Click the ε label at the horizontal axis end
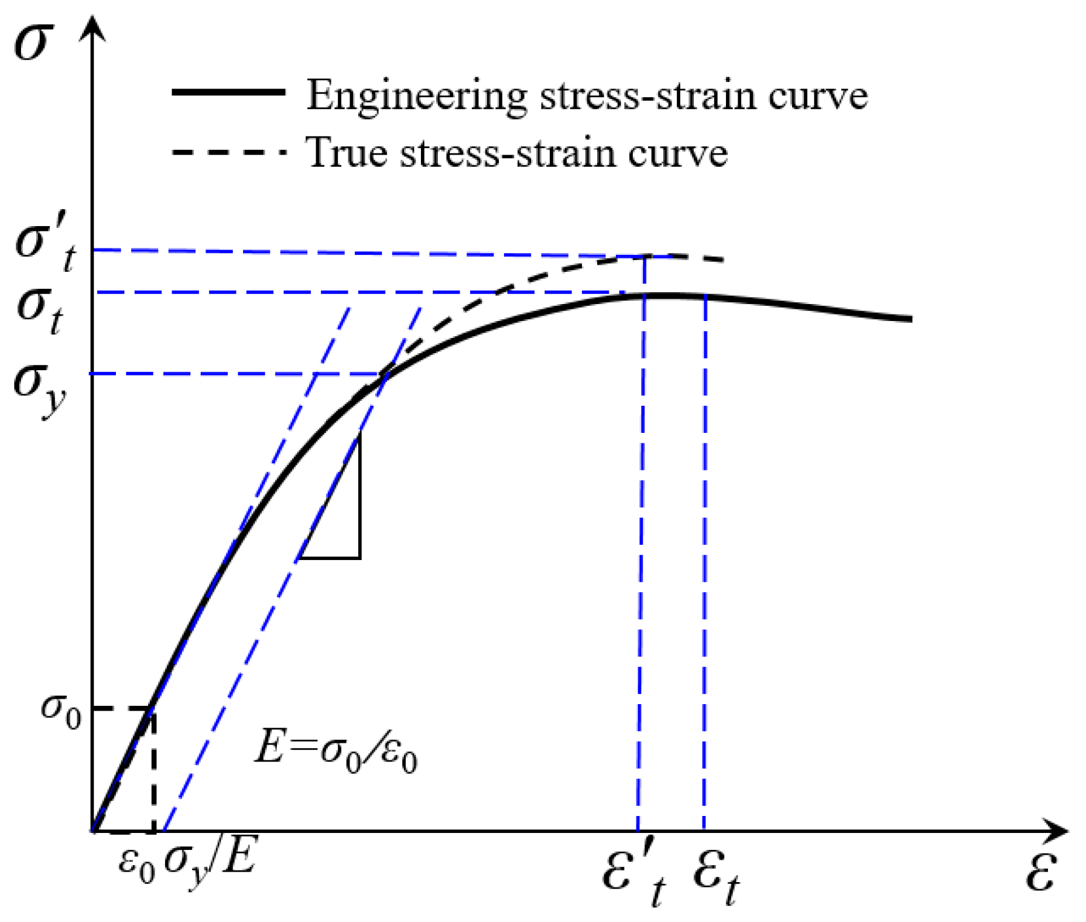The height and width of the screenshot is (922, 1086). (x=1041, y=872)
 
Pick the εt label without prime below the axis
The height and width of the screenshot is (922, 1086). (x=716, y=879)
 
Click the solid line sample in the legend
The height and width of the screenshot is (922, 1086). (x=228, y=93)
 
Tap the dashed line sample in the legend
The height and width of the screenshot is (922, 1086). (x=228, y=152)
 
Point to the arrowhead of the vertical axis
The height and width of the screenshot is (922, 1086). (x=92, y=26)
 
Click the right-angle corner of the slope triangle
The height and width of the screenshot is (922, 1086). (x=359, y=558)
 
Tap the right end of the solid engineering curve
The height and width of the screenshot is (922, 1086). (x=910, y=319)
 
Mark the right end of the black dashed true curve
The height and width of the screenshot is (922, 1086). (x=724, y=259)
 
